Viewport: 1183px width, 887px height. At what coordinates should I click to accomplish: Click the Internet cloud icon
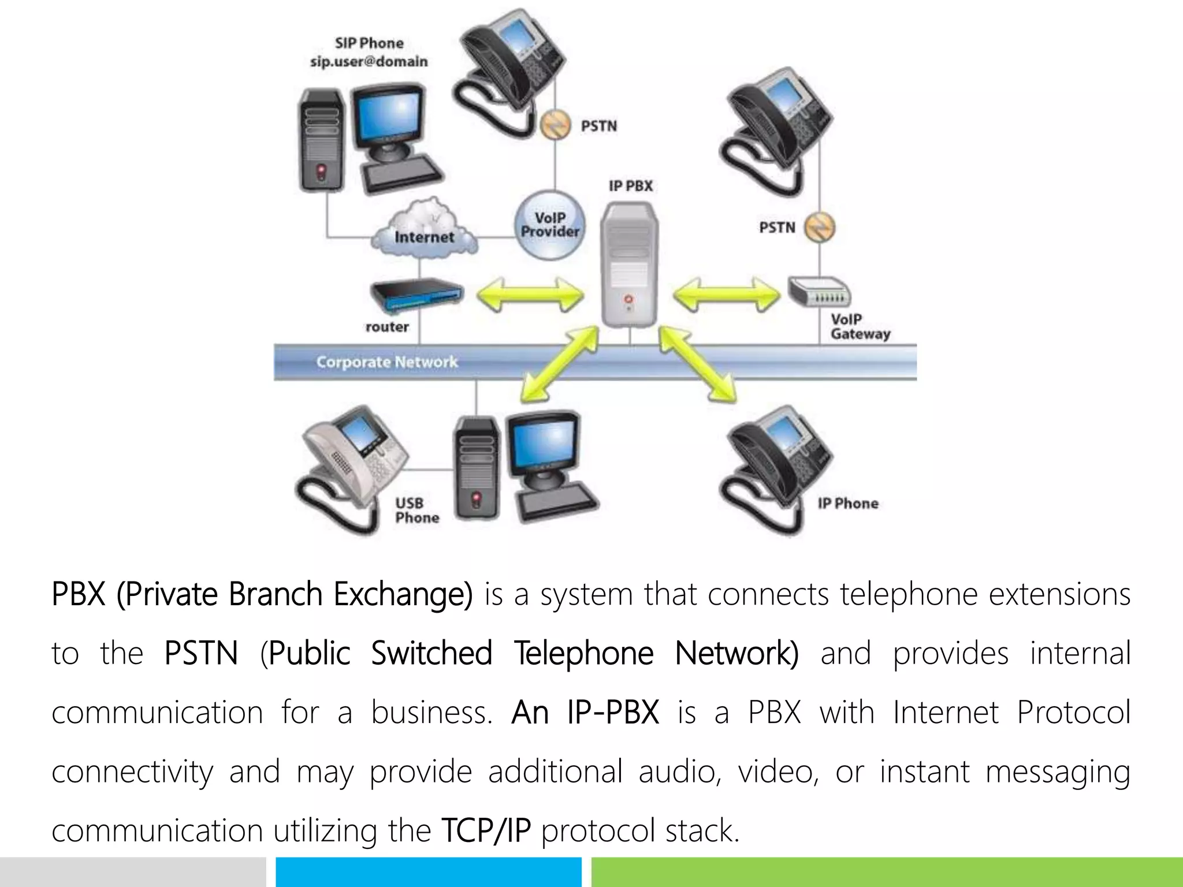coord(425,228)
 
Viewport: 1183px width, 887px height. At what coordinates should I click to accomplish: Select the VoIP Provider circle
coord(549,225)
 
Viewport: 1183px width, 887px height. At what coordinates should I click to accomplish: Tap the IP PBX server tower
coord(629,266)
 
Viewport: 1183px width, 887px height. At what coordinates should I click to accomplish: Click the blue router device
coord(416,295)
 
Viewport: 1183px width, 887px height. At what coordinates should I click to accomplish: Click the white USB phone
coord(352,462)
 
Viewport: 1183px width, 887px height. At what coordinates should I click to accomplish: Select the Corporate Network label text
coord(387,362)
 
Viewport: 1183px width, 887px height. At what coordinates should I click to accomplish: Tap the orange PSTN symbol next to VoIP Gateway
coord(820,227)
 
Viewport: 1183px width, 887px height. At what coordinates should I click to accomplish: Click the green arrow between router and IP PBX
coord(530,295)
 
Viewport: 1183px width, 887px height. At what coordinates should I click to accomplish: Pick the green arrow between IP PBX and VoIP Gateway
coord(726,295)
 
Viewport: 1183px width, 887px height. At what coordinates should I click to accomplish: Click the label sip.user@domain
coord(369,61)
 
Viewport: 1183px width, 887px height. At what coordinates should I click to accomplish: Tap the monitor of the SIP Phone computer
coord(388,118)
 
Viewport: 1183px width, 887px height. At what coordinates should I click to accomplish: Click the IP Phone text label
coord(847,504)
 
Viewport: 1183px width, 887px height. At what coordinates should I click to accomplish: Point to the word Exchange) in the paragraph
coord(403,594)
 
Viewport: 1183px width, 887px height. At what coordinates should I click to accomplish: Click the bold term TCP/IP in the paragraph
coord(485,830)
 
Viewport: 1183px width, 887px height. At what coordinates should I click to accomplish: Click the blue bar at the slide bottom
coord(428,872)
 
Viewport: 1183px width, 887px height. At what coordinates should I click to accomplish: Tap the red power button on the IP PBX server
coord(628,299)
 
